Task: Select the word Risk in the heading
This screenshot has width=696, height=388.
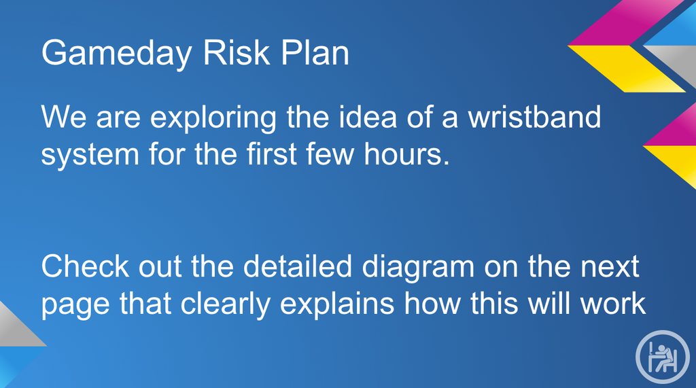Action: tap(236, 53)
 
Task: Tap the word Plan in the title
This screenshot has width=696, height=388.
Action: tap(315, 53)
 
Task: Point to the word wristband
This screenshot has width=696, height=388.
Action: tap(534, 117)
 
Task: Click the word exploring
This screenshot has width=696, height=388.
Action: tap(213, 119)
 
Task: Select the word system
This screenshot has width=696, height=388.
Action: tap(90, 156)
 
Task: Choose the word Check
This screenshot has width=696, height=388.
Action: tap(85, 266)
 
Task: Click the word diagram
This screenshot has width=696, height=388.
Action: tap(418, 268)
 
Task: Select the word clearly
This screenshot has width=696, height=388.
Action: tap(226, 306)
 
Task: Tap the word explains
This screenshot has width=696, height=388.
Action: tap(337, 306)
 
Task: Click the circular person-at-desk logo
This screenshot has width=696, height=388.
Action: tap(663, 357)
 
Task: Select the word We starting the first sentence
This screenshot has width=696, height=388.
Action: tap(64, 117)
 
